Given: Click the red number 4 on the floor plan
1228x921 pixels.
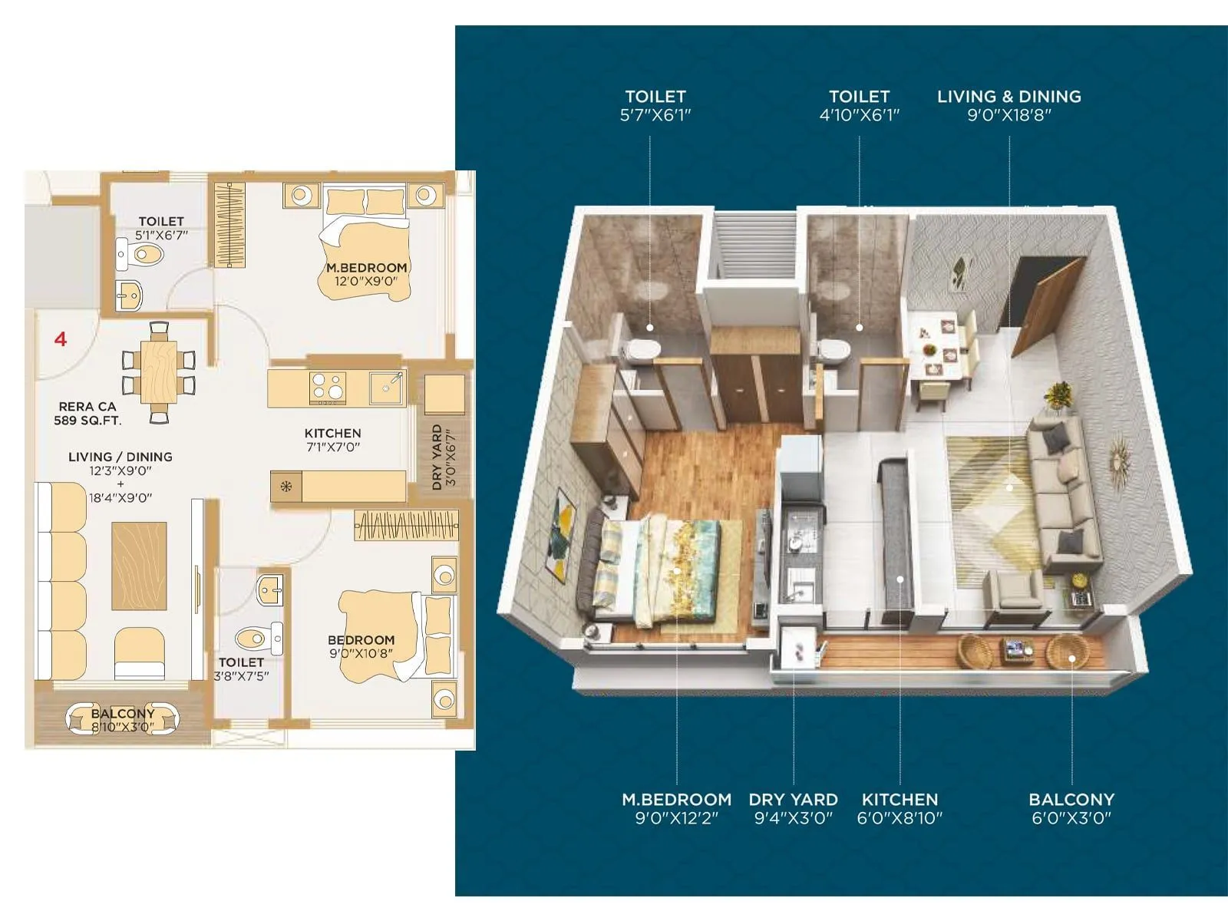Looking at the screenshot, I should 61,338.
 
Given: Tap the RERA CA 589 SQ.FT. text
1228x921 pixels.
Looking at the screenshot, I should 87,413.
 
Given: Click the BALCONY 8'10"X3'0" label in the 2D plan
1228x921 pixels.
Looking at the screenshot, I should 123,720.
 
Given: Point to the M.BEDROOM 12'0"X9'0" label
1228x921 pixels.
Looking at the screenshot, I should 366,274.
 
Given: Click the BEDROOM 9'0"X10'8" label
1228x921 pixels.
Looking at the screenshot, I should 361,646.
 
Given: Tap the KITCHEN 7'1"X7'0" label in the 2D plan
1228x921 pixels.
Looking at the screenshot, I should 332,440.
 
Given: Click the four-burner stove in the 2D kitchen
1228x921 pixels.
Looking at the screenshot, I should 328,388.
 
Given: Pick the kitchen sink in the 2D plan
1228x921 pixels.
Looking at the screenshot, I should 386,388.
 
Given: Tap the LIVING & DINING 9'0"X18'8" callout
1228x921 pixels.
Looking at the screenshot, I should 1008,105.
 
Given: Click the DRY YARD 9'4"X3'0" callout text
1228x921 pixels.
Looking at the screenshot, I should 793,808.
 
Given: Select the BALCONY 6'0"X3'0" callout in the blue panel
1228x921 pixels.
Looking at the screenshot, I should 1071,808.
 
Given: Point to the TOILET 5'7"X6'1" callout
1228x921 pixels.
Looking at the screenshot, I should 655,105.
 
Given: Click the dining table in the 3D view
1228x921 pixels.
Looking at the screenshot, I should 941,345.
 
